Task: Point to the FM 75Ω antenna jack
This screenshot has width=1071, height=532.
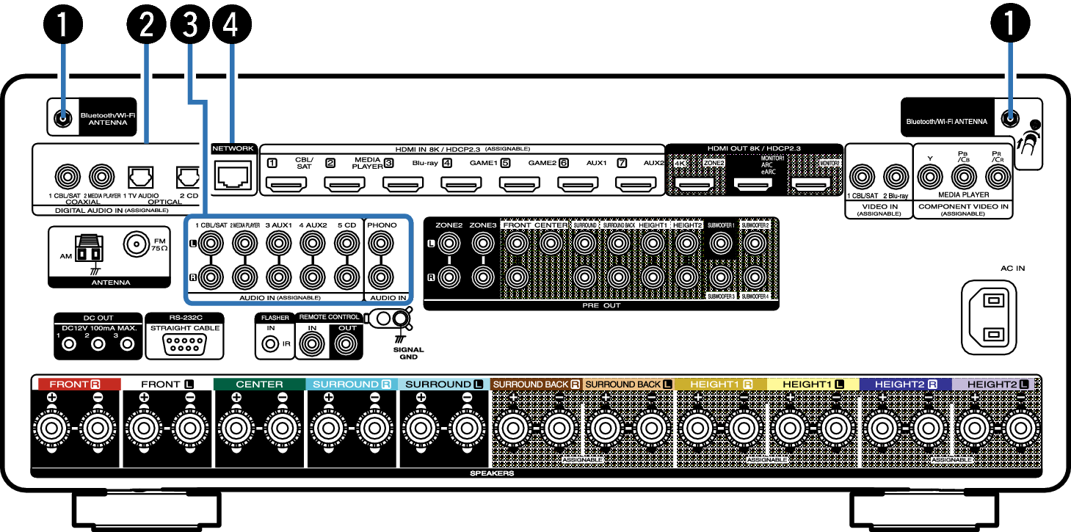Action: pyautogui.click(x=137, y=244)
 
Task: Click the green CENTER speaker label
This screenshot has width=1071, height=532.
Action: pyautogui.click(x=259, y=384)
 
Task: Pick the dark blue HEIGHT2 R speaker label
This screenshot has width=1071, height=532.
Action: pyautogui.click(x=906, y=384)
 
